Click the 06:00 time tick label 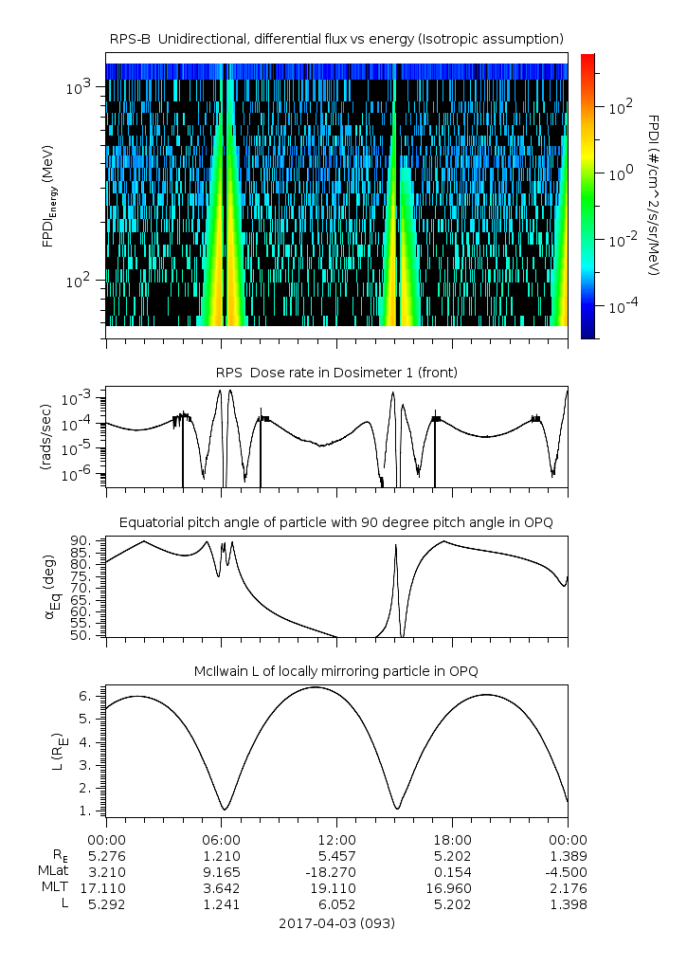(221, 840)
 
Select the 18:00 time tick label (452, 840)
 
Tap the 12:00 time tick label (336, 840)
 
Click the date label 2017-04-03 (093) (336, 922)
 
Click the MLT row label (51, 887)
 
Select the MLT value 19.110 (336, 887)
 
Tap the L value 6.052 (336, 904)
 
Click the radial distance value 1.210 (221, 854)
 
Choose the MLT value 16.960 (452, 887)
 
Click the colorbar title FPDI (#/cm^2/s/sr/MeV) (654, 195)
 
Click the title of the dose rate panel (336, 373)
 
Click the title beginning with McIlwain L (336, 671)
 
